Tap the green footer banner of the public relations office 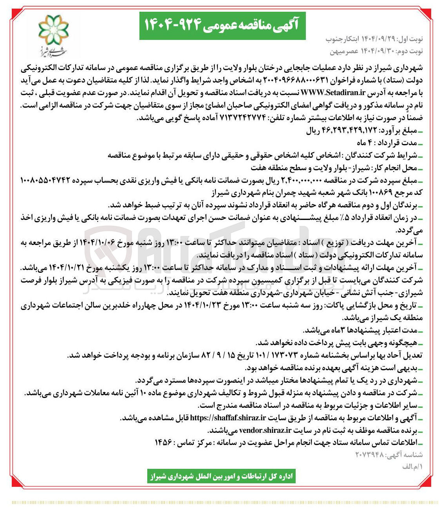[x=221, y=476]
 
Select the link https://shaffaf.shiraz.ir [x=228, y=418]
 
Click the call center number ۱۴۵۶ [x=164, y=442]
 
